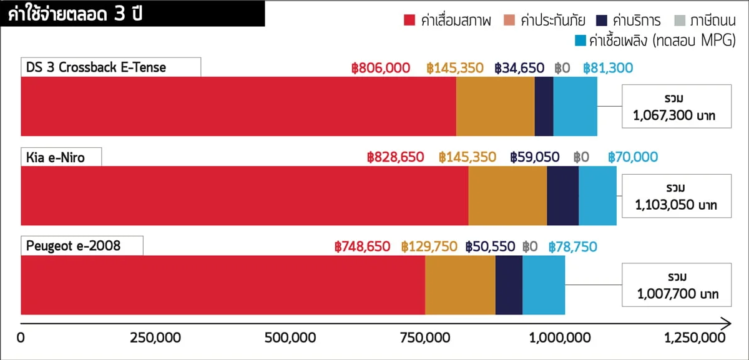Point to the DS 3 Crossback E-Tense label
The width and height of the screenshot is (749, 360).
[96, 67]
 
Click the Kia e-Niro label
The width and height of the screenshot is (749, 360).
[56, 157]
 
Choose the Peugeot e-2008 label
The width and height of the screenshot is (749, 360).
[74, 246]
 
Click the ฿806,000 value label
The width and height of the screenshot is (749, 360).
[381, 67]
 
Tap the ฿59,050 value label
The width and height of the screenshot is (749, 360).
[534, 157]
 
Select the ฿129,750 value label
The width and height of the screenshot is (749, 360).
[429, 246]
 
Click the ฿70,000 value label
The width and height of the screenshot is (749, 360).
[632, 157]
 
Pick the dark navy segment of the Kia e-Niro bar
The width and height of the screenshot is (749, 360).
[562, 196]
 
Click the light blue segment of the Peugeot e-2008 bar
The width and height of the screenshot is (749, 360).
[543, 285]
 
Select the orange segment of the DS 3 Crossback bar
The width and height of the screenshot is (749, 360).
[495, 106]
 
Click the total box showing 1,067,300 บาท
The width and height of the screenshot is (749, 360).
[677, 107]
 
